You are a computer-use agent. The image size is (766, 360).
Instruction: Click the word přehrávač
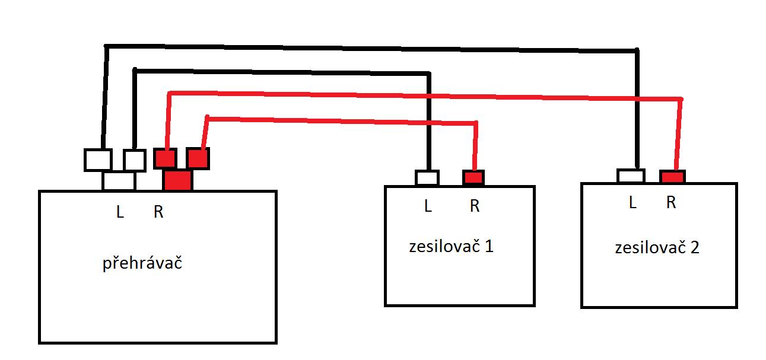pos(142,263)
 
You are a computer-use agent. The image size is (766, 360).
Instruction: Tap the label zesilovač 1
pos(451,246)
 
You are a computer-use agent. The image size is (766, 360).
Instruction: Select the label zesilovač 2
pos(657,247)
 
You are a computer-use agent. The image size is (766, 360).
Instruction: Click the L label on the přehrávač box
pos(120,212)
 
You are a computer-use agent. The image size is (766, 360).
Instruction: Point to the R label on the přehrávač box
pos(158,212)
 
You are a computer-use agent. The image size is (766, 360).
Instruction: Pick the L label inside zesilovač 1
pos(428,206)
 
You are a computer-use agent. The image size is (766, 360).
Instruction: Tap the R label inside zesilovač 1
pos(475,206)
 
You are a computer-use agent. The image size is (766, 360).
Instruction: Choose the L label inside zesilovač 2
pos(632,202)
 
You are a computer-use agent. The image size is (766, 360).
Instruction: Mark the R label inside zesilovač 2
pos(671,202)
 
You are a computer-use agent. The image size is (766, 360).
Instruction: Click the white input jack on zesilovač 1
pos(427,178)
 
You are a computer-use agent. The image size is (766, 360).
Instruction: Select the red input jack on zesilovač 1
pos(473,178)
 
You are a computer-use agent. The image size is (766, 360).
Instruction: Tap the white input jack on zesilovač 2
pos(631,176)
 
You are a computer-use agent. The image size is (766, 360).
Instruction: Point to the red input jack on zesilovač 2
pos(673,177)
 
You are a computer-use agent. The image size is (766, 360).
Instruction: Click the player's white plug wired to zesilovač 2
pos(98,160)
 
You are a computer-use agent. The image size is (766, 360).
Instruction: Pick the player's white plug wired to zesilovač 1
pos(135,160)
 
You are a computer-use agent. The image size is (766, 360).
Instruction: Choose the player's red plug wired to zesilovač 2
pos(165,158)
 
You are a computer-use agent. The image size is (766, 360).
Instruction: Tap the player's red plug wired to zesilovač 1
pos(198,158)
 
